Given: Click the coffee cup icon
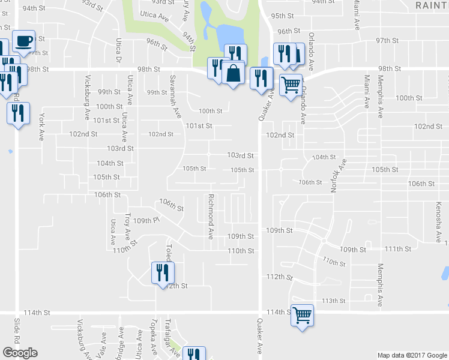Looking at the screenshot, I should click(23, 41).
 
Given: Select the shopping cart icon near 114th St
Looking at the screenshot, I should click(301, 314).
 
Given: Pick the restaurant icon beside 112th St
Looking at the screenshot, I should click(161, 273).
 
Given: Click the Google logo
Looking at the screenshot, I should click(20, 353).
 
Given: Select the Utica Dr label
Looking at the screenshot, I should click(119, 51).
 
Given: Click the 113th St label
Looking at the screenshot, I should click(334, 301).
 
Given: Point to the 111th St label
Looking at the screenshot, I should click(398, 248).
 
